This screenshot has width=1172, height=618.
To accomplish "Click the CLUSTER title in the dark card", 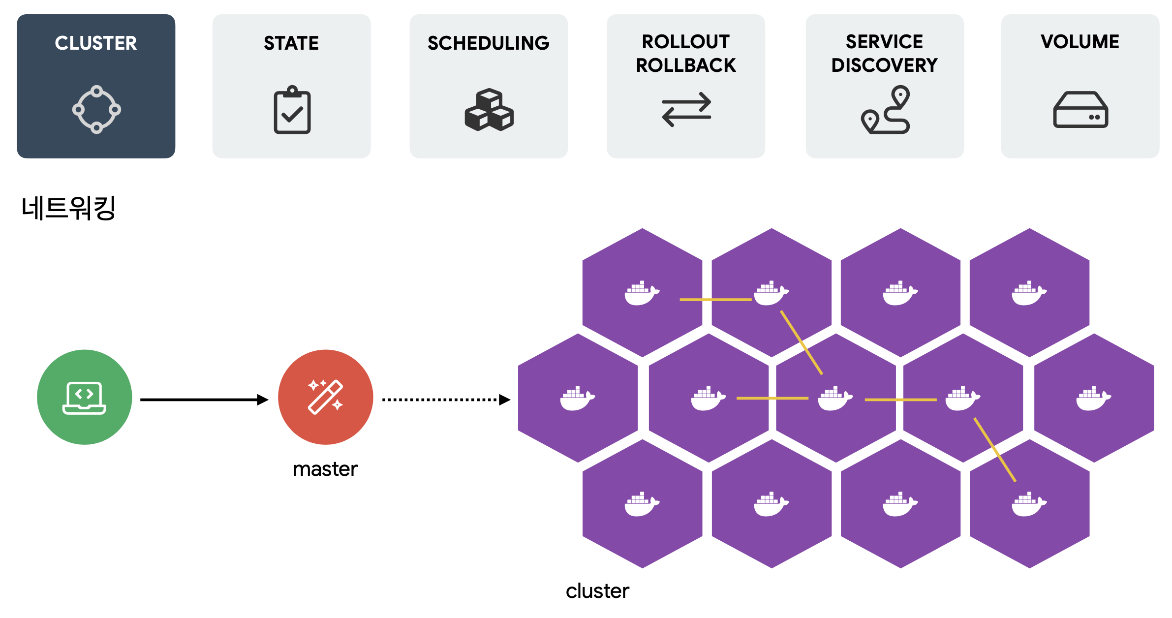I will tap(95, 43).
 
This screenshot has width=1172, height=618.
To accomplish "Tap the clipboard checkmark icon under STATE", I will tap(292, 110).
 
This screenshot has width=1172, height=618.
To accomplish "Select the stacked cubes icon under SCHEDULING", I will tap(489, 110).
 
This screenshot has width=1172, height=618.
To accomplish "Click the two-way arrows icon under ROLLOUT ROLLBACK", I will tap(686, 109).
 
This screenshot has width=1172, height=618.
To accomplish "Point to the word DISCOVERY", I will tap(884, 65).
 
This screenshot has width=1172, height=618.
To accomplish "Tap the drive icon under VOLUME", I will tap(1080, 110).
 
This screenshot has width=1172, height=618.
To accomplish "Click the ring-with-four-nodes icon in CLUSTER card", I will tap(96, 109).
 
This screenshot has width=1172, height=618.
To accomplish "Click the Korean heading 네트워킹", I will tap(68, 208).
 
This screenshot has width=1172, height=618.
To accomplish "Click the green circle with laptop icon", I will tap(85, 397).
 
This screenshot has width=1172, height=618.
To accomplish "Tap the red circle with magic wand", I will tap(325, 397).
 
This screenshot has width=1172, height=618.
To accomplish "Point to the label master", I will tap(325, 469).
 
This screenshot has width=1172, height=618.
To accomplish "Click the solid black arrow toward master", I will tap(204, 400).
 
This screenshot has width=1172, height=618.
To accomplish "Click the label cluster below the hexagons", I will tap(597, 591).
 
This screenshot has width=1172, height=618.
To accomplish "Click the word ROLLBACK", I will tap(686, 65).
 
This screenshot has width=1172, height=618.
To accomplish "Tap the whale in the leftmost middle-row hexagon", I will tap(577, 399).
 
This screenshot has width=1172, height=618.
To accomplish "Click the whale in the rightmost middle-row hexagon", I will tap(1093, 399).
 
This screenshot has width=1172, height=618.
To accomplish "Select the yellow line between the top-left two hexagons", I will tap(715, 299).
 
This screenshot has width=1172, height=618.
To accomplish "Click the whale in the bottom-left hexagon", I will tap(642, 504).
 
